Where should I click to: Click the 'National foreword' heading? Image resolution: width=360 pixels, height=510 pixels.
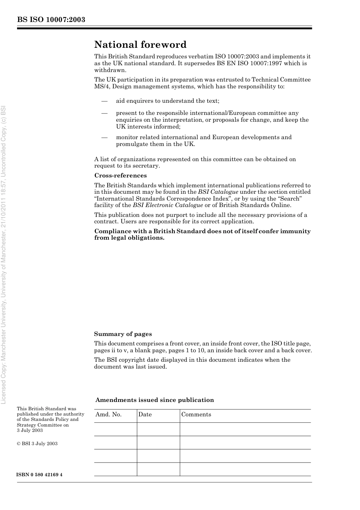tap(140, 45)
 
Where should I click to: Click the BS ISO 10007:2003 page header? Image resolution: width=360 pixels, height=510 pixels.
tap(51, 20)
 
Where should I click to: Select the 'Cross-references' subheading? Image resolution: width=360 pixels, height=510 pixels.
tap(120, 176)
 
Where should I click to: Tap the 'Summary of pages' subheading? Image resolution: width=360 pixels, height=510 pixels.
tap(123, 334)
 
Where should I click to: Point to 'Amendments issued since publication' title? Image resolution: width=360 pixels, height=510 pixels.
tap(154, 400)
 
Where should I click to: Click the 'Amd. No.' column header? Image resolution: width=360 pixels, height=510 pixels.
tap(108, 414)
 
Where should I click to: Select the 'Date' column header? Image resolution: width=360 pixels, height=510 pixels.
tap(145, 414)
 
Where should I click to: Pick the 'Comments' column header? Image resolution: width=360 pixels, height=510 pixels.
tap(196, 414)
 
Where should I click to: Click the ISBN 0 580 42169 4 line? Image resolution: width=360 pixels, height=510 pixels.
tap(39, 475)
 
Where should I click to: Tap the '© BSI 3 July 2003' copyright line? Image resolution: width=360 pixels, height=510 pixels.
tap(37, 444)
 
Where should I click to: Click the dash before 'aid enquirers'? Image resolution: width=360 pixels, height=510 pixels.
tap(104, 101)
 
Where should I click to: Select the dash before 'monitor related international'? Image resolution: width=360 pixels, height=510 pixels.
tap(104, 137)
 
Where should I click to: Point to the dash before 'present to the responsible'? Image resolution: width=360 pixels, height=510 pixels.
tap(104, 113)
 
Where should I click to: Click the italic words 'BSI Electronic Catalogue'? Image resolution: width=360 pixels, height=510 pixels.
tap(167, 205)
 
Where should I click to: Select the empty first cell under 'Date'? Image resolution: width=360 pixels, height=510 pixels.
tap(158, 429)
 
